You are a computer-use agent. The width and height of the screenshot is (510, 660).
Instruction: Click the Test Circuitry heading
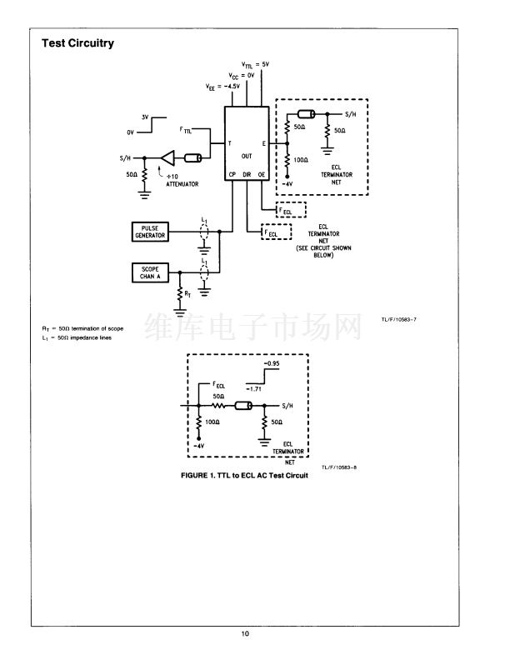click(77, 43)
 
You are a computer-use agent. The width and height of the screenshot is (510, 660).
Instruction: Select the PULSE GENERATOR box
click(150, 231)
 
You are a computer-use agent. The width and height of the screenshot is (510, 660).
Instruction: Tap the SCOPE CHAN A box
click(150, 272)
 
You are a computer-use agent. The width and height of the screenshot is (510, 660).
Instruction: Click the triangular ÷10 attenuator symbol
click(170, 157)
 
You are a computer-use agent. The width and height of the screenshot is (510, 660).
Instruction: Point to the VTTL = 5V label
click(255, 64)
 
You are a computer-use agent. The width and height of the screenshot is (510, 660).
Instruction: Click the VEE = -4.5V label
click(222, 86)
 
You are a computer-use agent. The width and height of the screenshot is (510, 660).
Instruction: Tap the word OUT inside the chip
click(247, 155)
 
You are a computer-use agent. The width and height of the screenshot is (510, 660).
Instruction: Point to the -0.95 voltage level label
click(272, 364)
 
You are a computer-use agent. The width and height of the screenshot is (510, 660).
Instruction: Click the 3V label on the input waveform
click(144, 117)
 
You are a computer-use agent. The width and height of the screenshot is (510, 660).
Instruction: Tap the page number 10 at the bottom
click(245, 634)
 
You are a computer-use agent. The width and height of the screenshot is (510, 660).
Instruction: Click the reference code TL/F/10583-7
click(397, 318)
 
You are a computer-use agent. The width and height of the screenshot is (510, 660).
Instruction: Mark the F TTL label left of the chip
click(185, 131)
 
